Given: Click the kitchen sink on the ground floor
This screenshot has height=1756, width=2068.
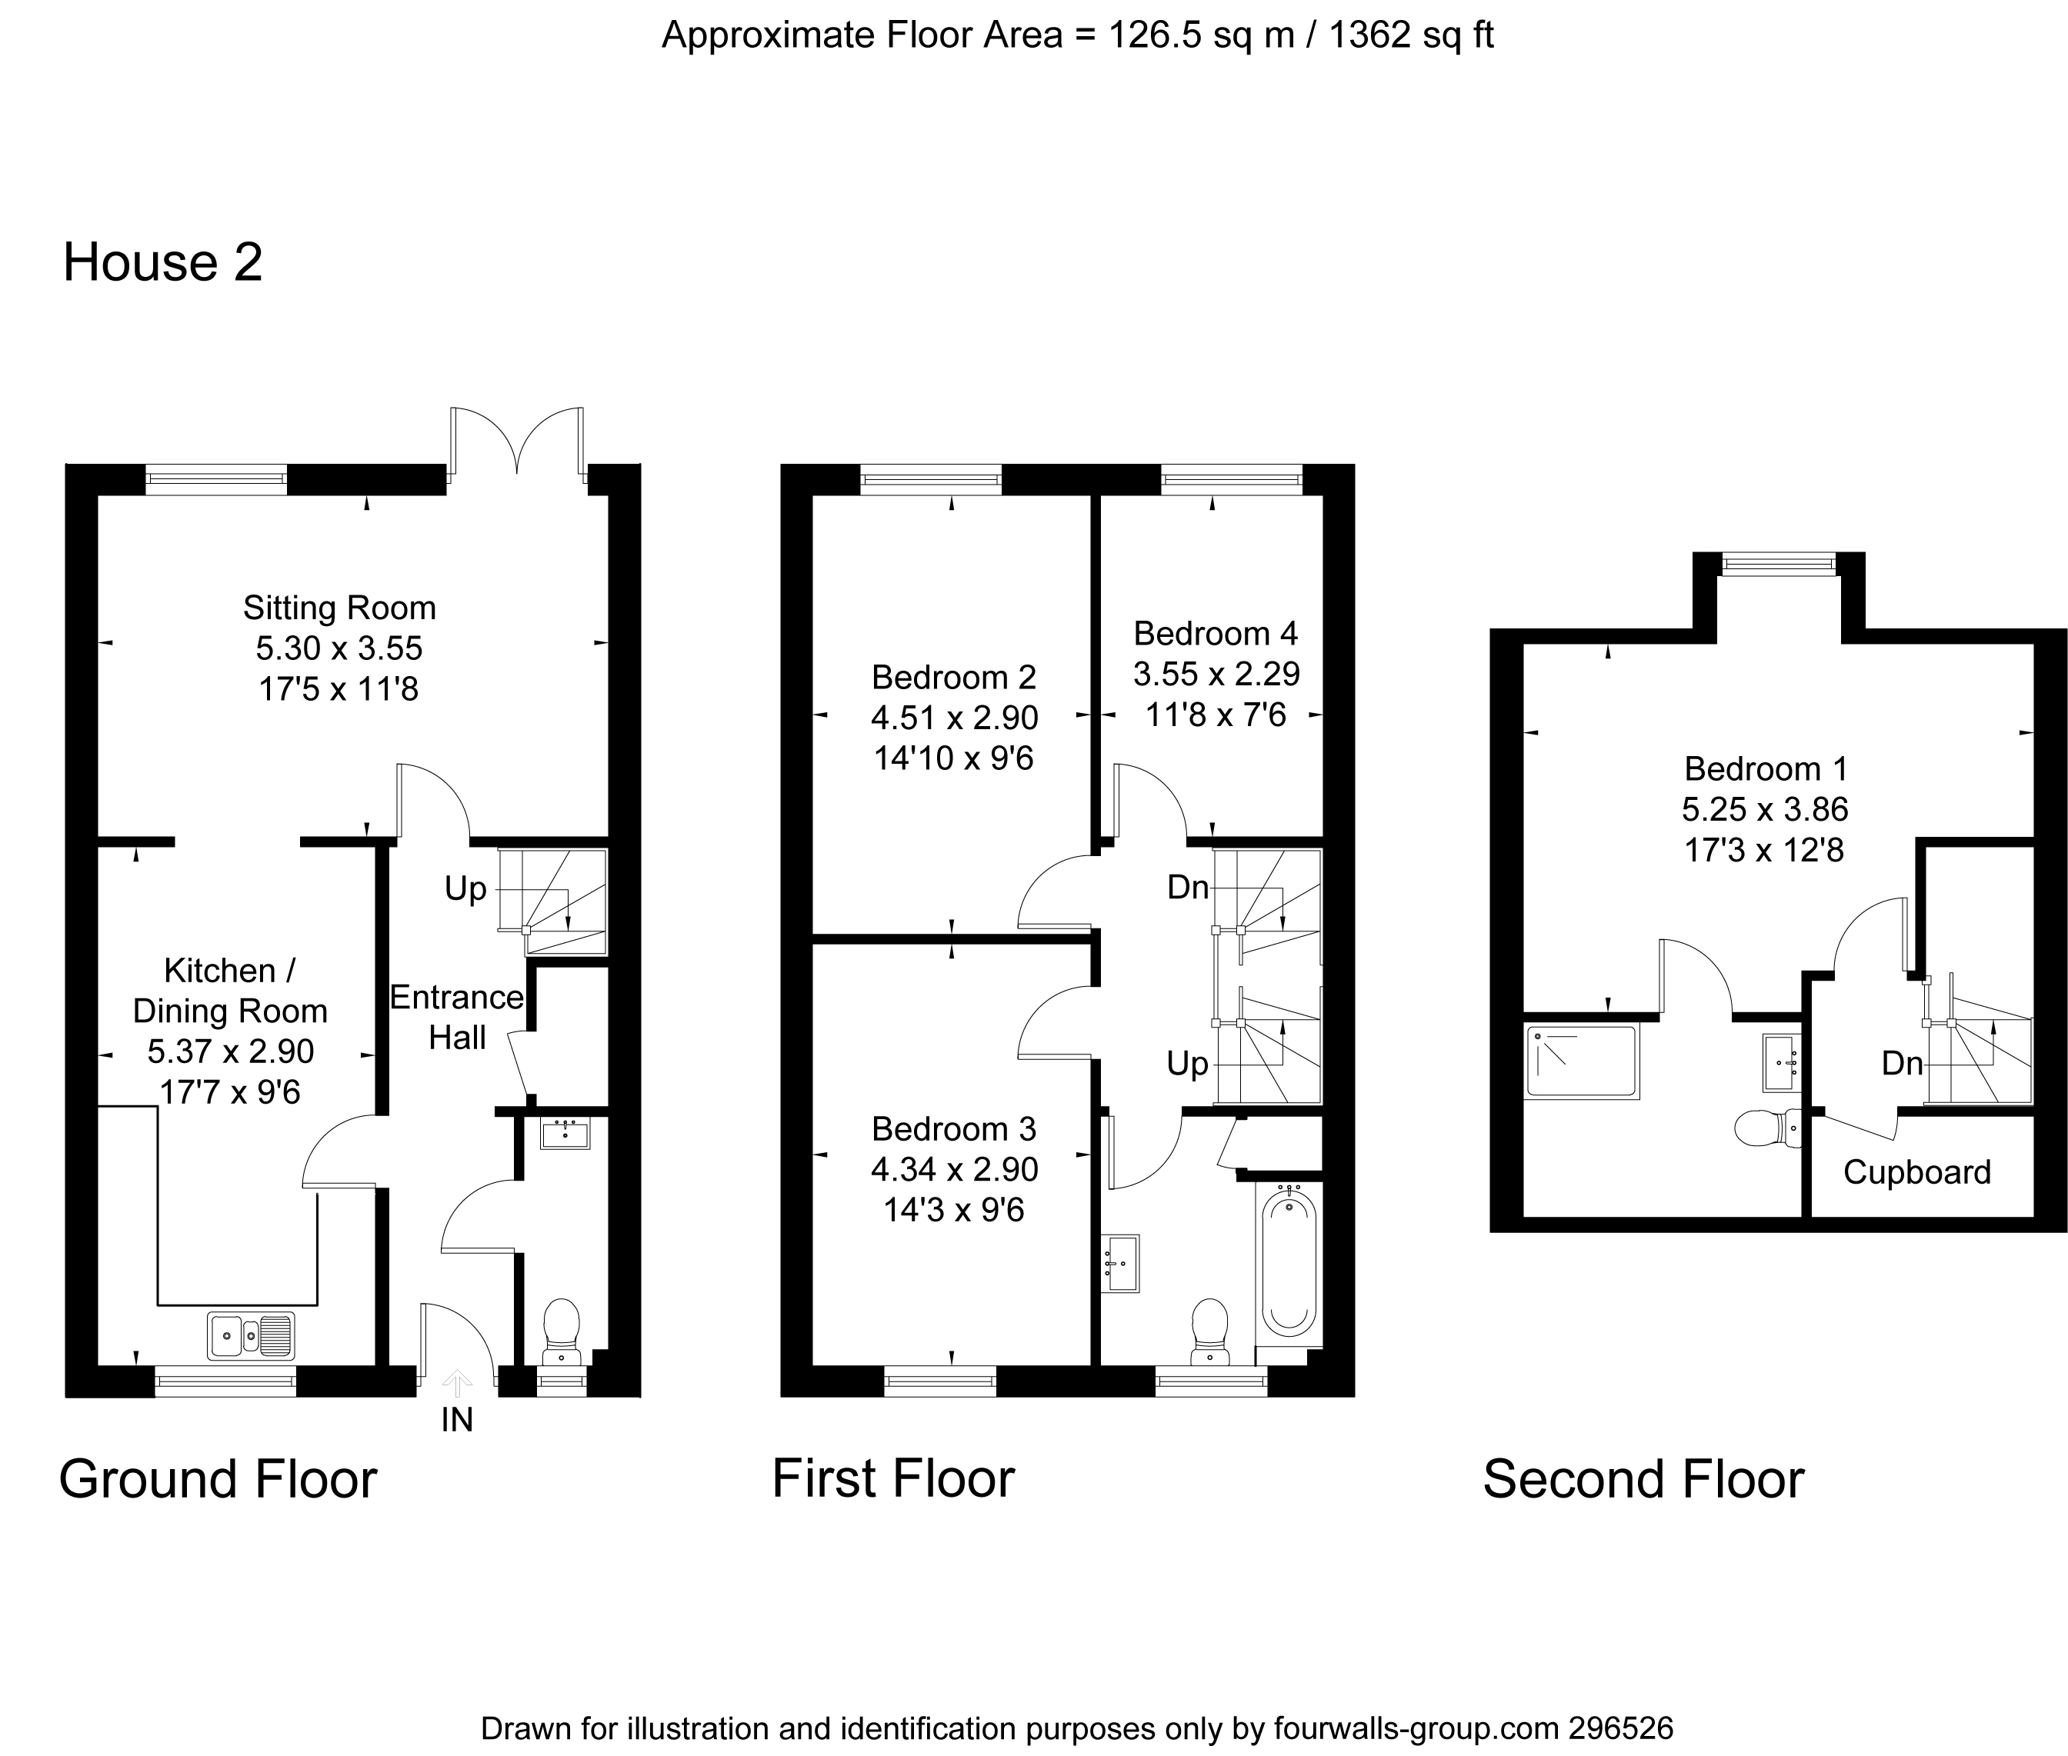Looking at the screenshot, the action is point(251,1336).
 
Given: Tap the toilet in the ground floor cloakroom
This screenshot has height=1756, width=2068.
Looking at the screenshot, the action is point(562,1330).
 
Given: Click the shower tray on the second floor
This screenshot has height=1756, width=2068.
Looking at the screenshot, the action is point(1581,1062).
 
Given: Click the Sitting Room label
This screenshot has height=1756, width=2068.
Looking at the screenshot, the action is point(339,607).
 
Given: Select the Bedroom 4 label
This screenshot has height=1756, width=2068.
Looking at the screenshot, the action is point(1216,633).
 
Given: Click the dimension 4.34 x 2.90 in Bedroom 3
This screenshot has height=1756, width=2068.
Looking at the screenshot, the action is point(954,1168).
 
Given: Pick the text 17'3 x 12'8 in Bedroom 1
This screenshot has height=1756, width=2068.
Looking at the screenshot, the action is point(1764,850).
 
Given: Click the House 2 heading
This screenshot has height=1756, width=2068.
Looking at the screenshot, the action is point(162,263).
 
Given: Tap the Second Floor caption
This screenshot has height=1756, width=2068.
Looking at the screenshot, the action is point(1643,1478).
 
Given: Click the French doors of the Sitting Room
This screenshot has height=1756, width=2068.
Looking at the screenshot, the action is point(517,443).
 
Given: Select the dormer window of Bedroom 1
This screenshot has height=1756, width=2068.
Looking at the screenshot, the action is point(1778,565).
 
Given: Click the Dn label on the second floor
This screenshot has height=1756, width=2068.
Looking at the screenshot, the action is point(1902,1063).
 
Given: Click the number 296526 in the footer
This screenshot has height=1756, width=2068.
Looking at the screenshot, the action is point(1621,1727).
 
